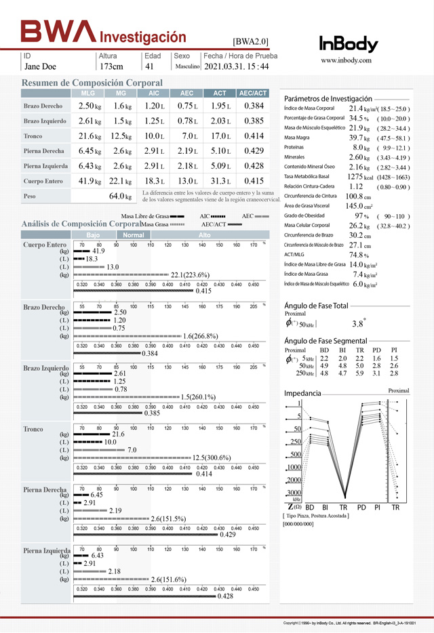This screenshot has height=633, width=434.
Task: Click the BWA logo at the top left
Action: pos(59,31)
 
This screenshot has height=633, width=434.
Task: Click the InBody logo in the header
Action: pos(349,44)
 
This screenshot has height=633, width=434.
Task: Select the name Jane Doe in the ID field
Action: pos(40,66)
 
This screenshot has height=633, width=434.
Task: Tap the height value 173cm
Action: pos(111,66)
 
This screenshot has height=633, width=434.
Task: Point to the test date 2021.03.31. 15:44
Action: pos(236,66)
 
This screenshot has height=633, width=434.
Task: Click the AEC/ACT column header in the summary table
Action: pos(254,93)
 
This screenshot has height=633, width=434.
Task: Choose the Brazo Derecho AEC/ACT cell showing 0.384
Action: pos(254,106)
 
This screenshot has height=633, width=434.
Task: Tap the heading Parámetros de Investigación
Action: pos(328,98)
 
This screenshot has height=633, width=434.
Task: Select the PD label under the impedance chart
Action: pos(361,507)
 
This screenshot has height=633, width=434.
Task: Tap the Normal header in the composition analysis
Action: pos(134,234)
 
